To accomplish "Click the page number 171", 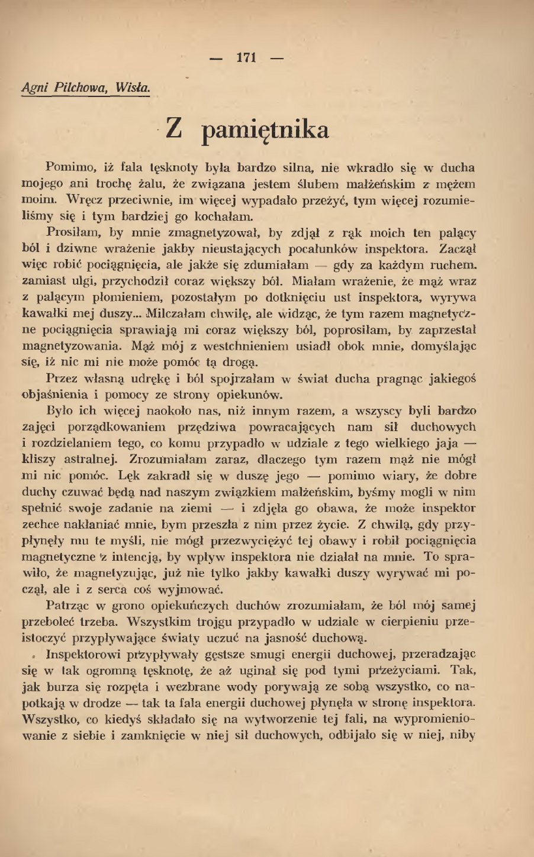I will click(246, 58).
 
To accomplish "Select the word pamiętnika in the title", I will click(266, 129).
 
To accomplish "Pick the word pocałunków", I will click(316, 249).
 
